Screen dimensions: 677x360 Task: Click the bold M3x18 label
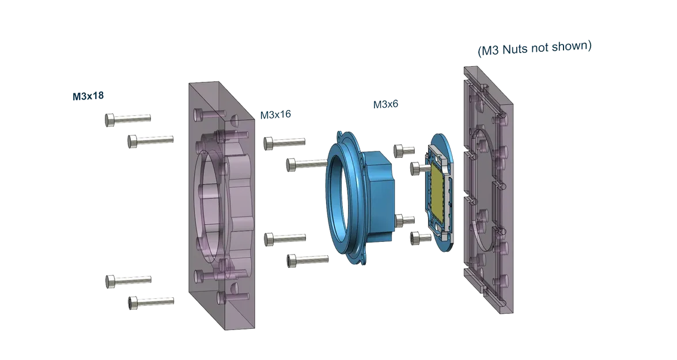pos(88,96)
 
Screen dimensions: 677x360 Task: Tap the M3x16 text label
pos(275,115)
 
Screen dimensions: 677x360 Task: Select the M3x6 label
pos(385,104)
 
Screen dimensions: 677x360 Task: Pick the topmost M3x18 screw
pos(128,119)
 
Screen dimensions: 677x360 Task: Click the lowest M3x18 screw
pos(151,302)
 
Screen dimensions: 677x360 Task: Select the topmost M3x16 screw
pos(285,143)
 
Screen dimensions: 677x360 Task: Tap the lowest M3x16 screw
pos(308,260)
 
